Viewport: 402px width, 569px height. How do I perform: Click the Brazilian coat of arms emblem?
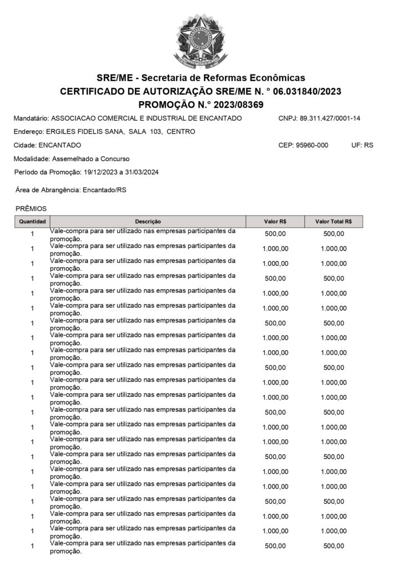pyautogui.click(x=201, y=39)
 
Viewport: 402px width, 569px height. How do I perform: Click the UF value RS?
pyautogui.click(x=369, y=145)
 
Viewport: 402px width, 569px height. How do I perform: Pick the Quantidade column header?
pyautogui.click(x=32, y=221)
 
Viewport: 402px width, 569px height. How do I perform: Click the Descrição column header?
pyautogui.click(x=148, y=221)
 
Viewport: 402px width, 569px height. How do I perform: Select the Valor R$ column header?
pyautogui.click(x=275, y=221)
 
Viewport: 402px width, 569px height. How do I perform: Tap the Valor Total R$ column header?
pyautogui.click(x=334, y=221)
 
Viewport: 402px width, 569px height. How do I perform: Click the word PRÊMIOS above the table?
pyautogui.click(x=31, y=208)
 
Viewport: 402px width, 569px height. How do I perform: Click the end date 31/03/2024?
pyautogui.click(x=143, y=172)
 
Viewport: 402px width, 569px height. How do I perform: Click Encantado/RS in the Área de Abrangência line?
pyautogui.click(x=104, y=190)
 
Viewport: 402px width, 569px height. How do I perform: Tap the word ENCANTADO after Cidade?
pyautogui.click(x=59, y=145)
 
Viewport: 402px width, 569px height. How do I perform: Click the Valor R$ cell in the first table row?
pyautogui.click(x=275, y=234)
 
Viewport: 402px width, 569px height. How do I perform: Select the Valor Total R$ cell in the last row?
pyautogui.click(x=334, y=546)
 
